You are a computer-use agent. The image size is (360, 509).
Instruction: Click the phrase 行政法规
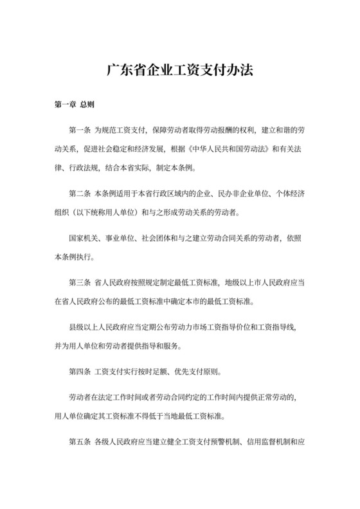click(92, 168)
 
